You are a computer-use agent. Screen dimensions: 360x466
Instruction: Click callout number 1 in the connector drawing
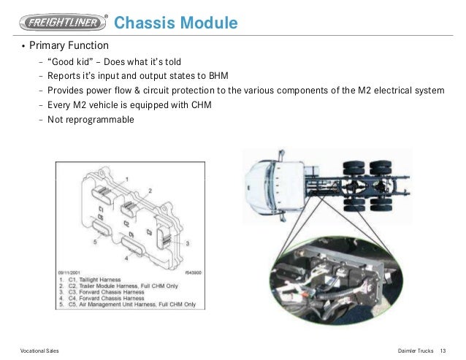click(128, 178)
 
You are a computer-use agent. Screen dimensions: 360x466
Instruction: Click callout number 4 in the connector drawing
click(127, 257)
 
